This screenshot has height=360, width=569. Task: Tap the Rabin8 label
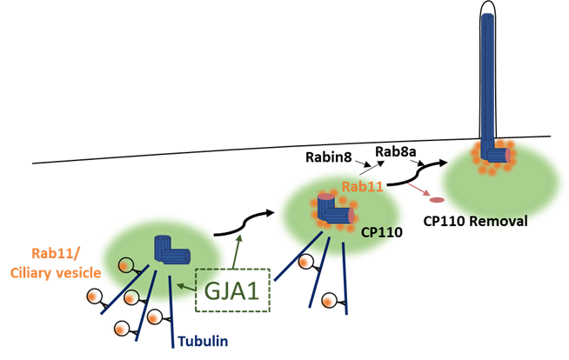[x=329, y=157]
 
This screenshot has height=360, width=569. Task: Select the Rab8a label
[x=394, y=152]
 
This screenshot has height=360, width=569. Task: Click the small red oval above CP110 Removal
[x=437, y=201]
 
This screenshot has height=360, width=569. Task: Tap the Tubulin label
[x=203, y=341]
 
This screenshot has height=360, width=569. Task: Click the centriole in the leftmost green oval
[x=171, y=252]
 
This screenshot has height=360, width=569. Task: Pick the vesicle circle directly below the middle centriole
[x=330, y=300]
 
